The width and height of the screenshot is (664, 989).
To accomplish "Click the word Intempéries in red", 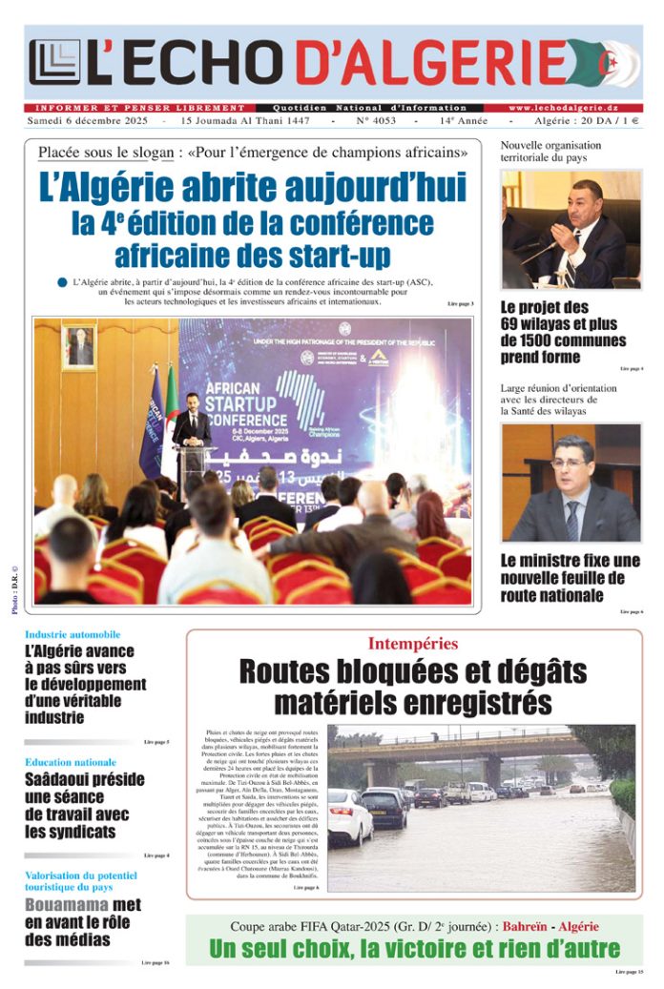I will pos(412,644).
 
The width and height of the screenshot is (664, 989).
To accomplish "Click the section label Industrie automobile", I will pos(73,634).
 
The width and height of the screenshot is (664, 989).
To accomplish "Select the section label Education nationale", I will pos(71,762).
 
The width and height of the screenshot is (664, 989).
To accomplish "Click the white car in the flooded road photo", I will pos(348,815).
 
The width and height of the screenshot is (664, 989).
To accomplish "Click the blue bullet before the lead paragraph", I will pos(62,282).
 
